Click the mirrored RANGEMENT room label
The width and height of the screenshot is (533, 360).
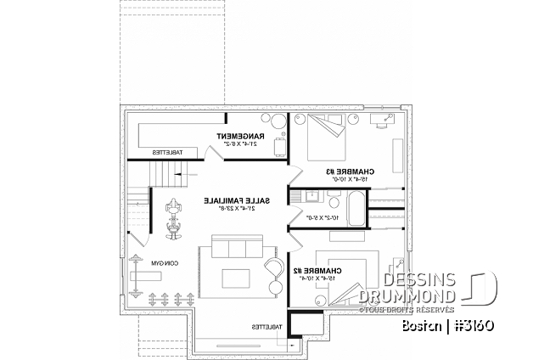[x=241, y=136]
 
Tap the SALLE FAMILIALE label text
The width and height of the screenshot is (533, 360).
[x=238, y=200]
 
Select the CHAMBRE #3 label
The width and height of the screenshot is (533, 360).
[x=351, y=171]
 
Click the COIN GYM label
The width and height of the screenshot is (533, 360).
[x=152, y=264]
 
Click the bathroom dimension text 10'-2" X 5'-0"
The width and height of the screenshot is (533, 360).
[x=314, y=218]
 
